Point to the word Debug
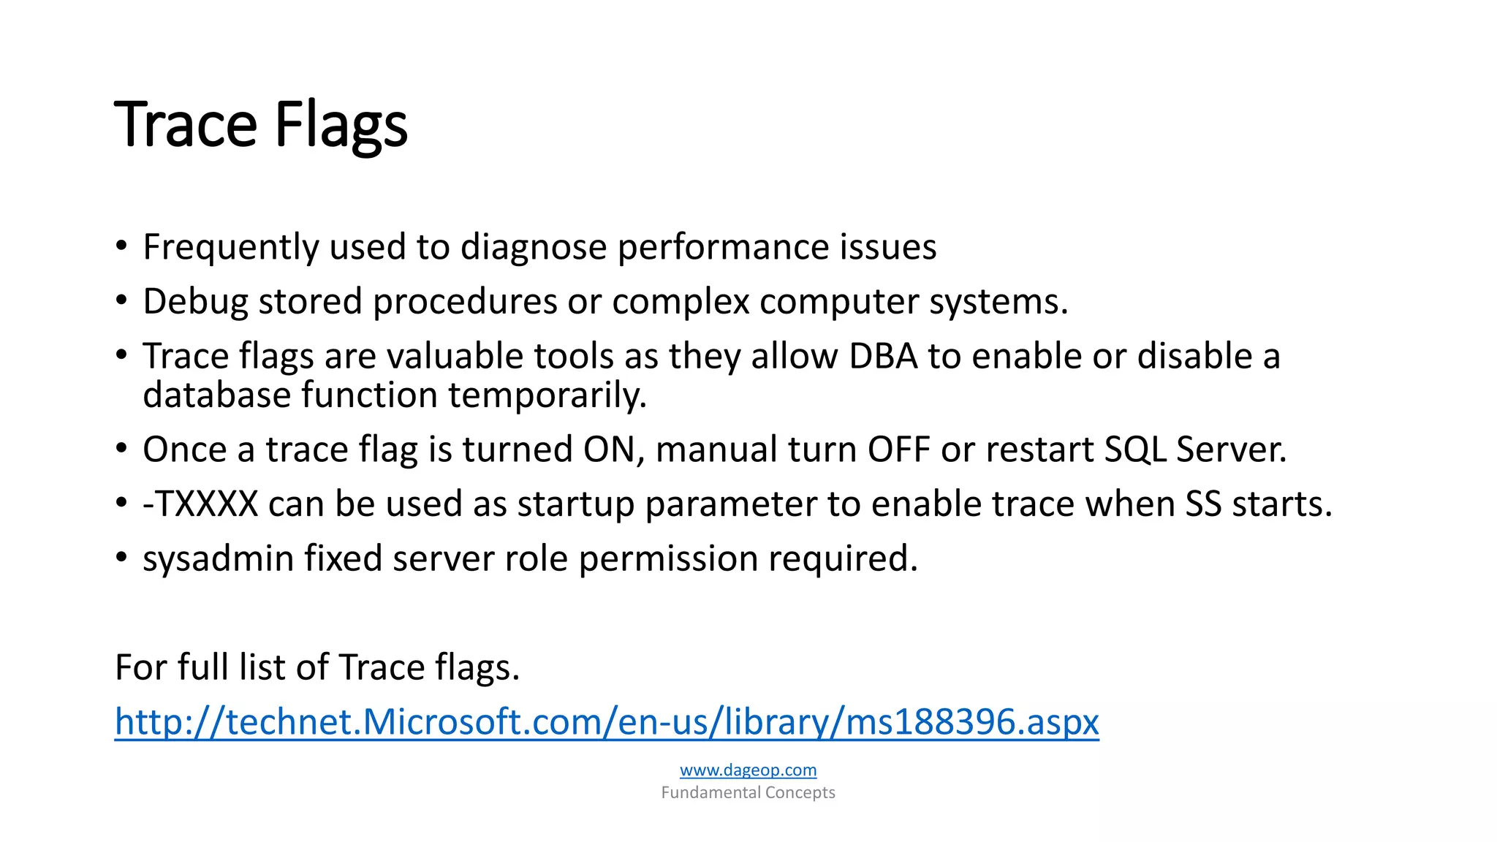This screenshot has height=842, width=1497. (195, 302)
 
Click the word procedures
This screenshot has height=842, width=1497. (465, 302)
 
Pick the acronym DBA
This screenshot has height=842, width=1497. (883, 357)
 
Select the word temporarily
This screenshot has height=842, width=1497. (547, 395)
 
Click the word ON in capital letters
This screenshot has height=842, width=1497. (608, 450)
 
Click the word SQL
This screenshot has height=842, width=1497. (1135, 450)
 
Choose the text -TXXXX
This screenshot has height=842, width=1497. (200, 504)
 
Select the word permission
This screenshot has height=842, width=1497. (668, 559)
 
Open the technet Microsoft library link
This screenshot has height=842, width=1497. (607, 722)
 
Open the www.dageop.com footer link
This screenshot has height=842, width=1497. (748, 770)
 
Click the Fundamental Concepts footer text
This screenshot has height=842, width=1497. (748, 792)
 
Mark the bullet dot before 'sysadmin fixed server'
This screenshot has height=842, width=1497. (121, 558)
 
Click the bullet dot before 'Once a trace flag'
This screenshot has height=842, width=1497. (121, 448)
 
